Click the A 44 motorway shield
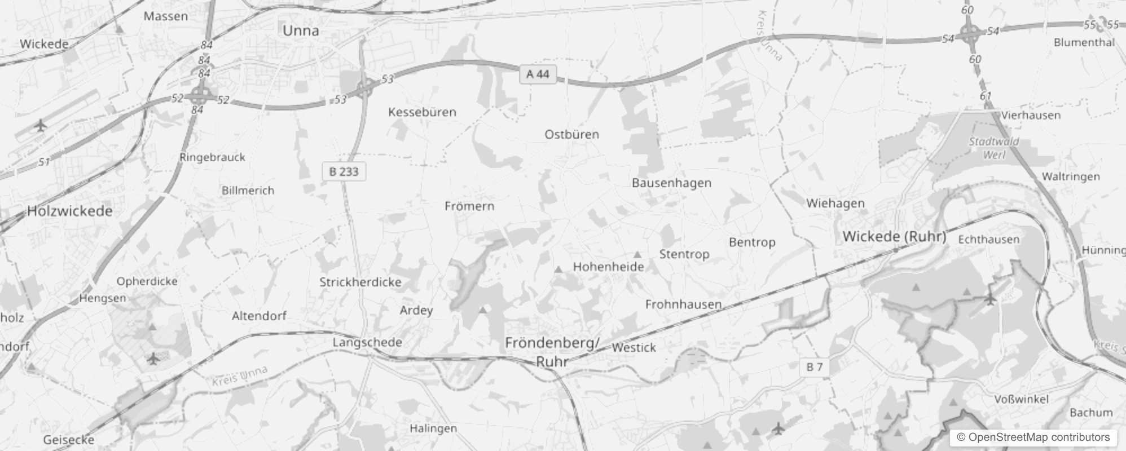tap(537, 74)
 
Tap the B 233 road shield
tap(344, 171)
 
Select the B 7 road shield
tap(814, 368)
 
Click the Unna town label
tap(301, 31)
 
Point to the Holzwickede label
tap(70, 211)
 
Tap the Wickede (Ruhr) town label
tap(894, 237)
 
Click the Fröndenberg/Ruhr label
tap(552, 352)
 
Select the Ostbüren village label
tap(571, 135)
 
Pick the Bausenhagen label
tap(671, 183)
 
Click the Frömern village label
tap(469, 206)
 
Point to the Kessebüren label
tap(422, 112)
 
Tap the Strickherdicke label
tap(360, 282)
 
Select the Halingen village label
tap(433, 428)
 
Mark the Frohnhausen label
tap(683, 304)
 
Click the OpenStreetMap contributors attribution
tap(1032, 437)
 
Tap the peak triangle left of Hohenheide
tap(558, 269)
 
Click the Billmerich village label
tap(248, 191)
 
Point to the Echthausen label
tap(988, 240)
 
